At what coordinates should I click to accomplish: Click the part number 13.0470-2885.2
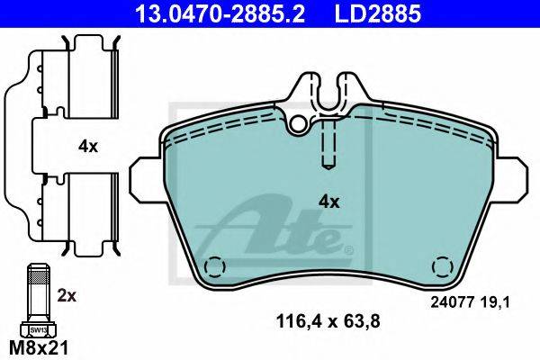pos(220,13)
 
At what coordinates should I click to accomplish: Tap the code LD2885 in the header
pos(377,13)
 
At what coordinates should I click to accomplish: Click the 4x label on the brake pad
pos(328,202)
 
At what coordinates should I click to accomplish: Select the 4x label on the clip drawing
pos(88,147)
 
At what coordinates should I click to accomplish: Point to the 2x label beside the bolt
pos(67,296)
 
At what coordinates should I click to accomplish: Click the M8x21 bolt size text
pos(39,348)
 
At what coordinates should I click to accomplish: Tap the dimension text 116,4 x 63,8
pos(328,321)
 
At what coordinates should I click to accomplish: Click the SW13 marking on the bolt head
pos(38,330)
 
